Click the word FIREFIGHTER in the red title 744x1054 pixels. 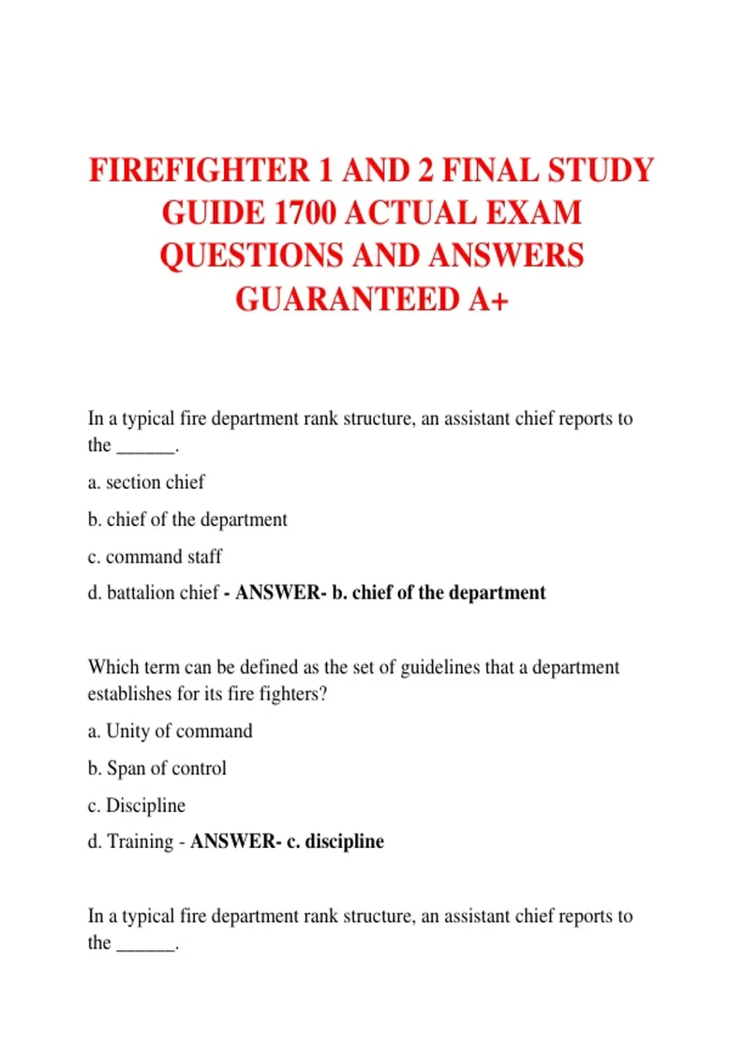[199, 170]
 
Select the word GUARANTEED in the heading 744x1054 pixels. [347, 299]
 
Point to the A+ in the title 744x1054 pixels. [489, 299]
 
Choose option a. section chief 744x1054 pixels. [146, 482]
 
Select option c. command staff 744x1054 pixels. [155, 557]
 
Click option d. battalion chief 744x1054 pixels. [154, 593]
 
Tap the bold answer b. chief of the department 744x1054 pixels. [439, 593]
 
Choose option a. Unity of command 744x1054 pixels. [170, 731]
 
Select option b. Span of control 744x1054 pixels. [157, 768]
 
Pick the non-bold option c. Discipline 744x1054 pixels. [137, 805]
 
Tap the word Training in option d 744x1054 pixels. [141, 841]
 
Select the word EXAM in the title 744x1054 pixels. [534, 213]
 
